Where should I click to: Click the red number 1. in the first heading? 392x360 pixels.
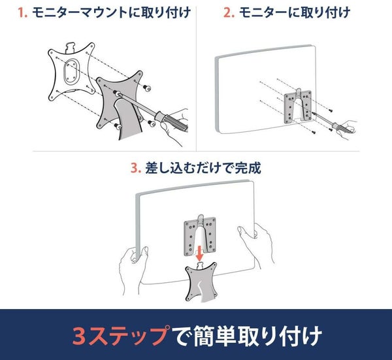coord(22,12)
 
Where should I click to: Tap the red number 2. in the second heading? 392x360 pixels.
coord(229,12)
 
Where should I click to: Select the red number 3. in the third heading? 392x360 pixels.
coord(136,168)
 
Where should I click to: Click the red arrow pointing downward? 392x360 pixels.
coord(199,253)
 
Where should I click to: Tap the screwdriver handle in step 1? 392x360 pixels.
coord(171,121)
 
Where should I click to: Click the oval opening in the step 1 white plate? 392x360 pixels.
coord(71,71)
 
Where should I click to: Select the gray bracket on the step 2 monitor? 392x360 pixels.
coord(299,106)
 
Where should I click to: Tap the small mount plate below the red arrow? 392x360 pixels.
coord(201,282)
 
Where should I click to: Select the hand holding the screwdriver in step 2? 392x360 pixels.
coord(349,129)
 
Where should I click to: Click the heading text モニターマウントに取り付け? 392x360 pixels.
coord(112,12)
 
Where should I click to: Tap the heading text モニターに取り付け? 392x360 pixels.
coord(295,12)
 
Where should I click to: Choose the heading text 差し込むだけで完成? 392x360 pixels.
coord(203,168)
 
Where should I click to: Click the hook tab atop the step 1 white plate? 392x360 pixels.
coord(71,47)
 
